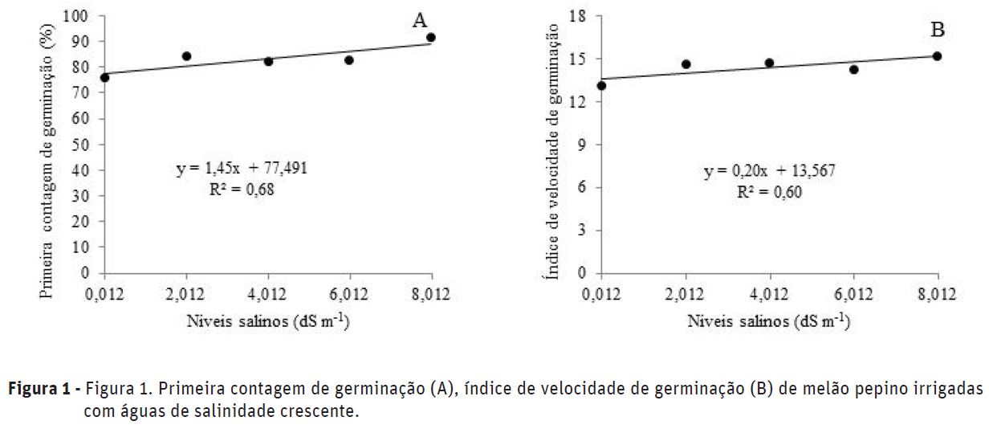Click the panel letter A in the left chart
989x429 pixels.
click(420, 22)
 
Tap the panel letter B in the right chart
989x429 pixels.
click(938, 30)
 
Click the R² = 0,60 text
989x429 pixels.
click(756, 193)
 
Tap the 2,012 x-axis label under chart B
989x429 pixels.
click(686, 292)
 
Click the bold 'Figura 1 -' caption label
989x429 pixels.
click(43, 390)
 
